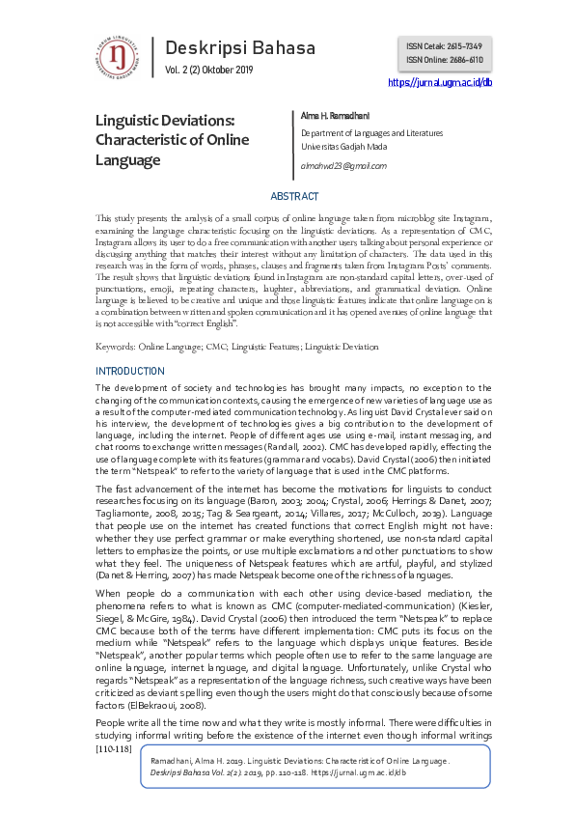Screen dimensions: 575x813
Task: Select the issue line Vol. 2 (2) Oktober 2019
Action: coord(209,70)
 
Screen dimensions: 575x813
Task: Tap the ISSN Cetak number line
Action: coord(444,46)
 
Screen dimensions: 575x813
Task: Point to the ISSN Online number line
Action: coord(444,60)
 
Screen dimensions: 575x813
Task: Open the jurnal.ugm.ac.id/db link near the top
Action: coord(439,83)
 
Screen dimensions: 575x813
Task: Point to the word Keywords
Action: coord(114,346)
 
